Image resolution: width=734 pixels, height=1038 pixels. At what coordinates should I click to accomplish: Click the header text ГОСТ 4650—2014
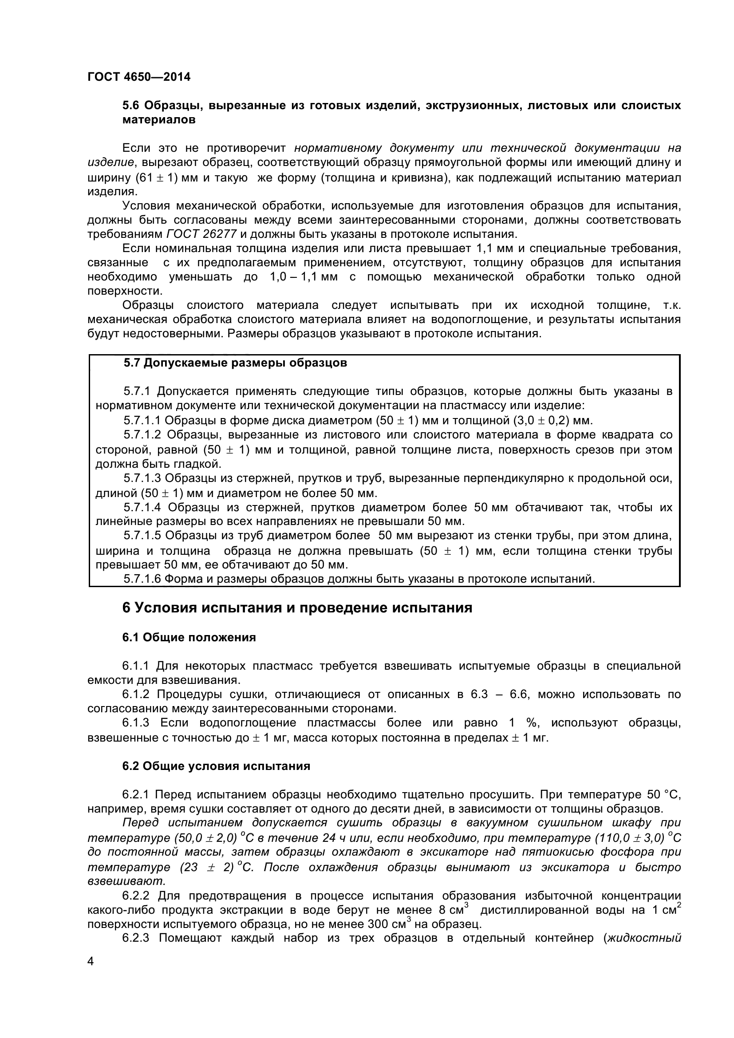tap(139, 77)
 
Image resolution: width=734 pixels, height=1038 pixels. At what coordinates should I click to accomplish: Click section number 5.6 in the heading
tap(131, 106)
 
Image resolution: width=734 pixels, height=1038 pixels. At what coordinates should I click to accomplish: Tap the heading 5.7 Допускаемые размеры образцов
tap(236, 363)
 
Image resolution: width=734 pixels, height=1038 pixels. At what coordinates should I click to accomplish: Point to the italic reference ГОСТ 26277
tap(201, 234)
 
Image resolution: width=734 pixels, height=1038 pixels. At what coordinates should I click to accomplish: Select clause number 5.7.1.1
tap(142, 420)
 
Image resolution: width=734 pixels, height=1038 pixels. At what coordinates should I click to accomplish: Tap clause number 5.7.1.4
tap(142, 507)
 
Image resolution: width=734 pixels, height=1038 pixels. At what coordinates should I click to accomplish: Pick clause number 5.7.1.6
tap(142, 579)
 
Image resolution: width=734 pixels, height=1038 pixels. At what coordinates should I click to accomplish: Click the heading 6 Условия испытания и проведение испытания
tap(297, 608)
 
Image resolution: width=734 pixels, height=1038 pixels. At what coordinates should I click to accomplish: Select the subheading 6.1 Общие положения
tap(189, 637)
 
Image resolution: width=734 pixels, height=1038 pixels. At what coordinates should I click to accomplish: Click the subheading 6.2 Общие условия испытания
tap(216, 766)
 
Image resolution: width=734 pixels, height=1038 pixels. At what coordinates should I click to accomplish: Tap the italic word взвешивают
tap(126, 881)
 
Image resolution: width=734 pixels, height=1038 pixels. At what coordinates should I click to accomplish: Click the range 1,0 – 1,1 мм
tap(303, 276)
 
